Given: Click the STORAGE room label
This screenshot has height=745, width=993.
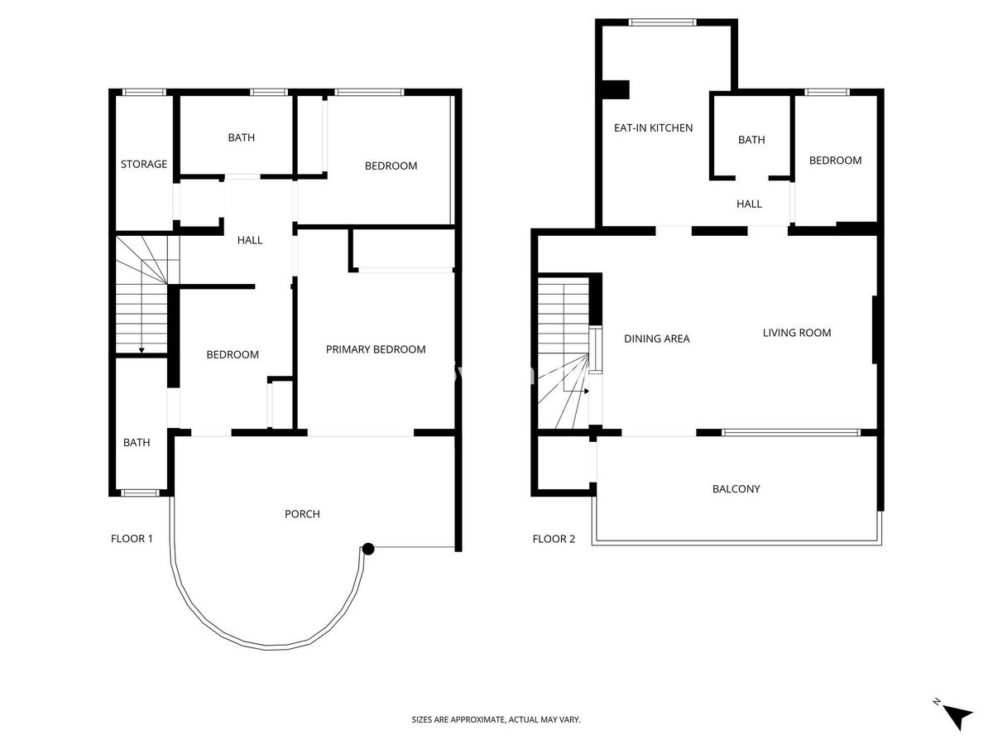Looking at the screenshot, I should coord(144,164).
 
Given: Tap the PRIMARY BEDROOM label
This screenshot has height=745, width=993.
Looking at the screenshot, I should coord(376,349).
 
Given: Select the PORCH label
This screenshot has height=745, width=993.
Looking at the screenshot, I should coord(302,514).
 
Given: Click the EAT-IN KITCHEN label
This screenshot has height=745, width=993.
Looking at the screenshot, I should coord(653,127).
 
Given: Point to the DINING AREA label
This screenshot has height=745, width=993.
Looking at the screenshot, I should coord(656,339).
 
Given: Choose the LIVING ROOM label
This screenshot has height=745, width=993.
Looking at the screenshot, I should coord(796,333).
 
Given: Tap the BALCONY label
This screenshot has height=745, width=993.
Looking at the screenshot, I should coord(736,489).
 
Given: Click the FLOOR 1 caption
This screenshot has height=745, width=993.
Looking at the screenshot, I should coord(132,539).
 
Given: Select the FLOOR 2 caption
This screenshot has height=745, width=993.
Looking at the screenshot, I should coord(553,539).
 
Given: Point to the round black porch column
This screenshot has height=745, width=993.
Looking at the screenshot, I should coord(368,548).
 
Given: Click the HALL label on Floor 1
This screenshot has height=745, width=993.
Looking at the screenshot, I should coord(250,240).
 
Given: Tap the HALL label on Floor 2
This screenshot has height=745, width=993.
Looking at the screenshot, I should coord(749,204).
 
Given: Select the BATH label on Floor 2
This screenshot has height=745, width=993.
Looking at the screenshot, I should coord(751,140).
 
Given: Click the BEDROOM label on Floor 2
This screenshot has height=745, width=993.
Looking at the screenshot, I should coord(835,161).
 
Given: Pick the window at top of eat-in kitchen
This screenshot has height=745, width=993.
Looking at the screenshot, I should coord(663,22).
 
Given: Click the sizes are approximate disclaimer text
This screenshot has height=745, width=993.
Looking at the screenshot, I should coord(496,720).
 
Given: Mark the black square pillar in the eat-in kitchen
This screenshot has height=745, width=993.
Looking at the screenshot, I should coord(616,89).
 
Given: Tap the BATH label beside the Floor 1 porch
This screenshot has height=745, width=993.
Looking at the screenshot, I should coord(137,443).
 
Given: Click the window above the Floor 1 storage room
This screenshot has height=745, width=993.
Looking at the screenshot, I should coord(144,92).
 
